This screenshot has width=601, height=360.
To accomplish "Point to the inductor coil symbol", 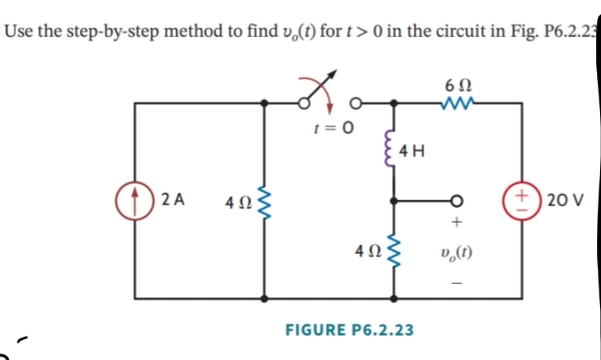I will [x=394, y=150].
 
